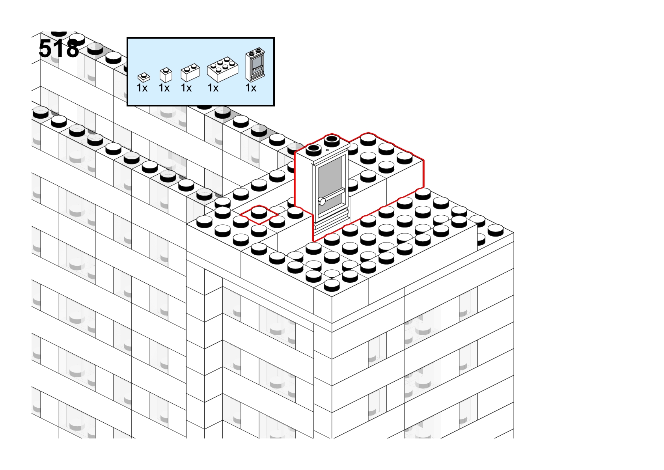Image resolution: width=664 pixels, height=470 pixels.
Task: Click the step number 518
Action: (59, 48)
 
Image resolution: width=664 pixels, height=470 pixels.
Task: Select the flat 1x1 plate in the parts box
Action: (144, 77)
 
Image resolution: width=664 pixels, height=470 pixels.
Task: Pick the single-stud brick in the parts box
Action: (166, 75)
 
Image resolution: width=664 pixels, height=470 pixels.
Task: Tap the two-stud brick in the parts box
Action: (190, 72)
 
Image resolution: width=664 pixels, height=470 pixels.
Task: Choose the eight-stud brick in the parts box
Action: (222, 69)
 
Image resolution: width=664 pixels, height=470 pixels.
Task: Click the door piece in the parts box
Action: (255, 64)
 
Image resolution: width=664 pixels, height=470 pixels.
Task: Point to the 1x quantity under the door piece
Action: (251, 88)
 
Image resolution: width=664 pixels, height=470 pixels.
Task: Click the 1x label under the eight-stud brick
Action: (213, 88)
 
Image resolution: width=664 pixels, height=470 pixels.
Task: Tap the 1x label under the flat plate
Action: (142, 88)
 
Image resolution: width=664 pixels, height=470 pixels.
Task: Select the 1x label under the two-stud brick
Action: (186, 88)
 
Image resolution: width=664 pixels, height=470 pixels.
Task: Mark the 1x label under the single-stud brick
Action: (164, 88)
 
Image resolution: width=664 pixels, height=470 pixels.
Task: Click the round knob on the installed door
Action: (322, 202)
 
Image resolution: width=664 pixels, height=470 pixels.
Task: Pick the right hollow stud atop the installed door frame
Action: (332, 140)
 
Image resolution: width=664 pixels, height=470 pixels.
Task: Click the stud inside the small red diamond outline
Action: (259, 213)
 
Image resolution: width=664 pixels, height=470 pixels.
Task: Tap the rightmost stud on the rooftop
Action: (495, 230)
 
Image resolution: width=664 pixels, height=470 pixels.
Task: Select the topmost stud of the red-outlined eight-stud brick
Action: (368, 140)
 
